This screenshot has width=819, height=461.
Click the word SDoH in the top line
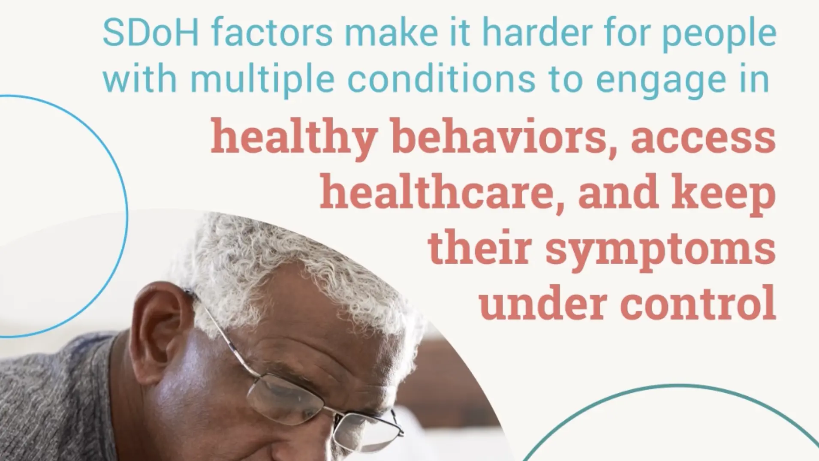(x=151, y=33)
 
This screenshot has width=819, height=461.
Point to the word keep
(x=733, y=196)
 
